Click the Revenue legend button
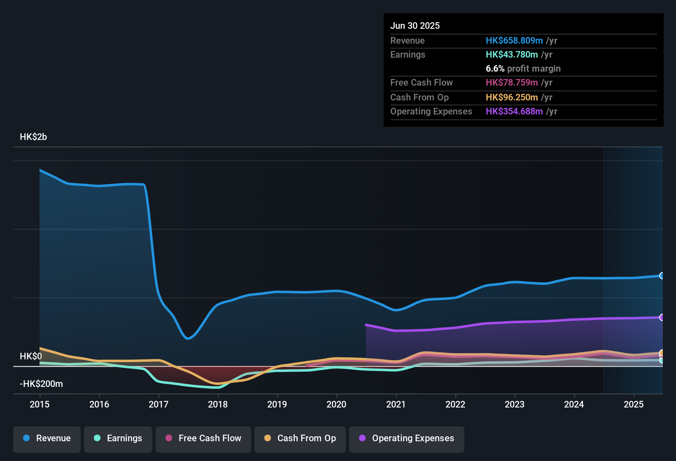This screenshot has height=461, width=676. (x=47, y=438)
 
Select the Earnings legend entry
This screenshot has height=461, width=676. (x=118, y=438)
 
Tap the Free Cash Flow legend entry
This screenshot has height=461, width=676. (x=203, y=438)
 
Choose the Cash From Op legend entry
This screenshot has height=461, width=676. (x=300, y=438)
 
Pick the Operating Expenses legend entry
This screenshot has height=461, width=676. (x=407, y=438)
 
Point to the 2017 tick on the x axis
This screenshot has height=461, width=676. (x=159, y=404)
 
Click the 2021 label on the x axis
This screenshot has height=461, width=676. (x=396, y=404)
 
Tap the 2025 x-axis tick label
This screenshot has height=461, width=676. (x=634, y=404)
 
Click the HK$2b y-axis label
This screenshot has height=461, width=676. (x=33, y=137)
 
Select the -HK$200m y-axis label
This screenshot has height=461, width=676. (x=41, y=384)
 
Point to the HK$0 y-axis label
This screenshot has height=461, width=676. (x=31, y=356)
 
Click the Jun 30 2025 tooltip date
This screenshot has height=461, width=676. (x=415, y=26)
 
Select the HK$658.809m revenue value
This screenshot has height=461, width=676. (x=514, y=41)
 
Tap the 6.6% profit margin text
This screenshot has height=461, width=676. (x=523, y=69)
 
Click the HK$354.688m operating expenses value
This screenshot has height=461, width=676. (x=514, y=112)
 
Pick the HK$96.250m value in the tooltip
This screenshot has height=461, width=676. (x=512, y=98)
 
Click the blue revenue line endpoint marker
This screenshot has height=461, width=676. (x=662, y=276)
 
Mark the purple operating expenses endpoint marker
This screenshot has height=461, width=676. (x=662, y=317)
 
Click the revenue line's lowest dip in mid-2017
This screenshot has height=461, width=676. (x=188, y=338)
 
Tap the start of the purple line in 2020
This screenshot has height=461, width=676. (x=366, y=325)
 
